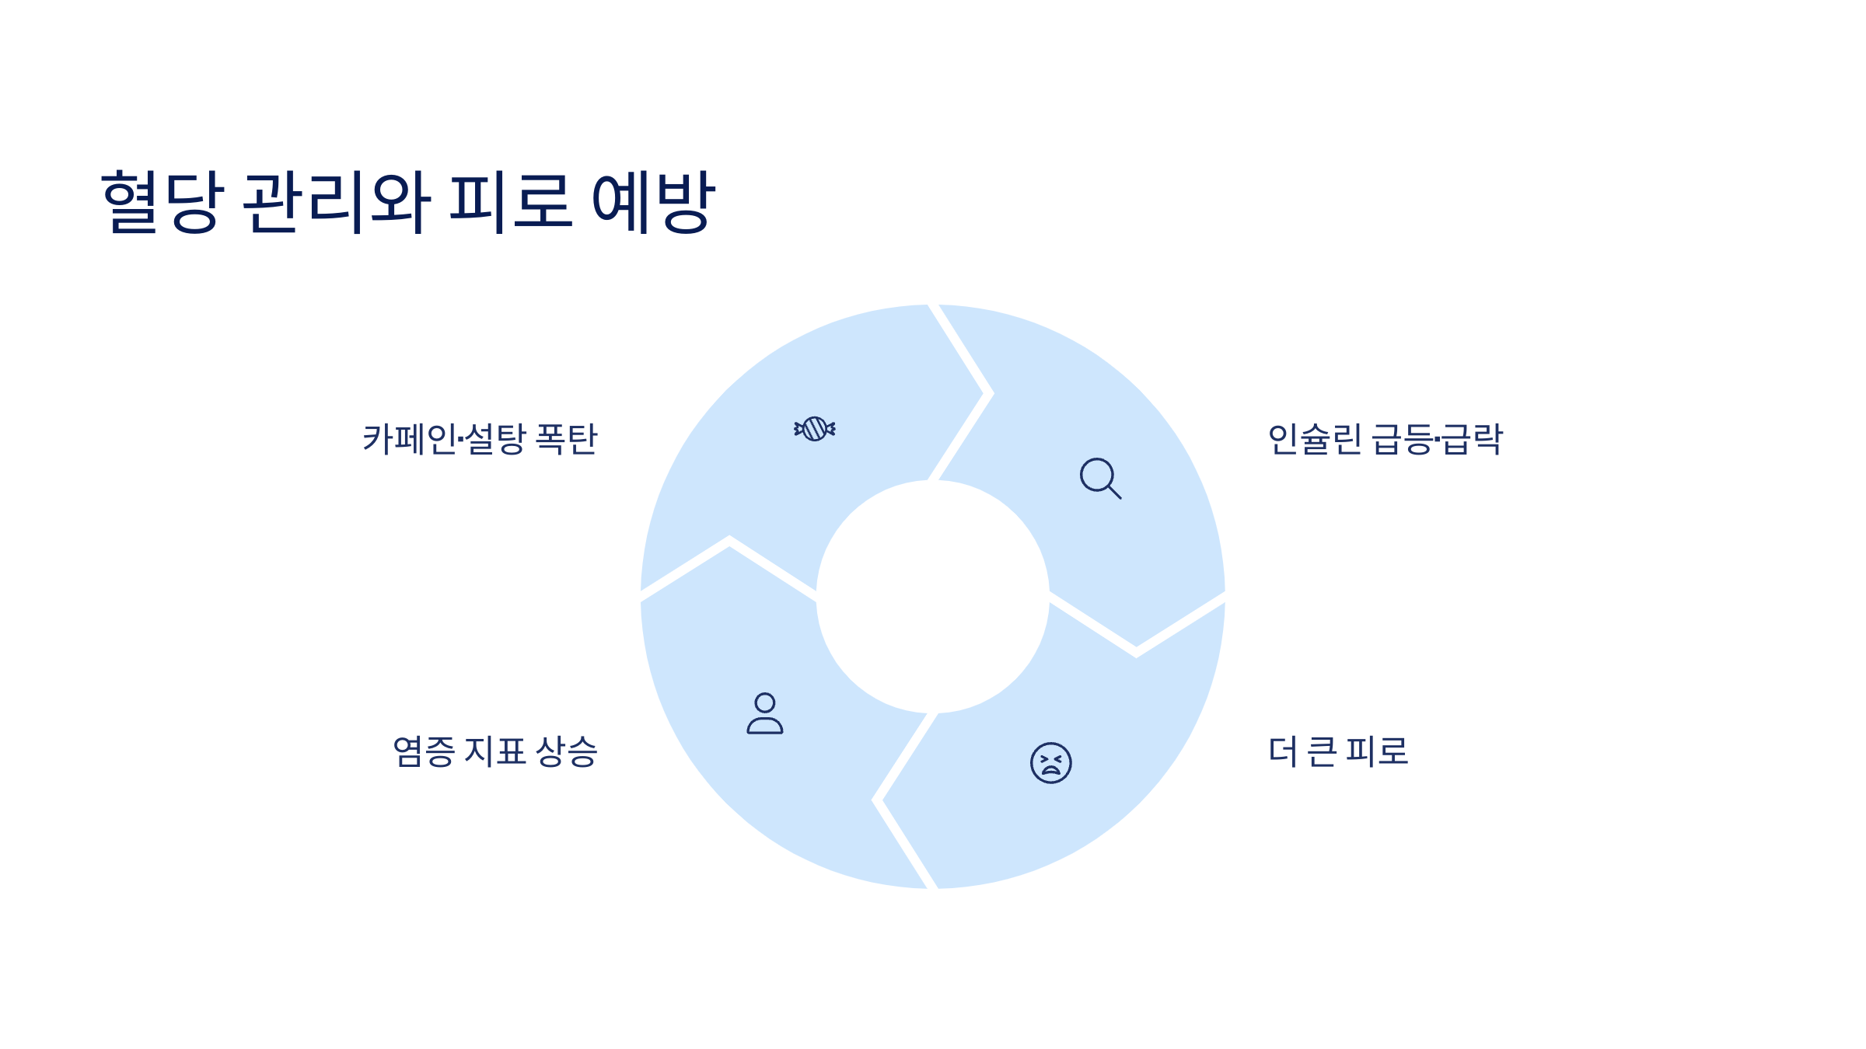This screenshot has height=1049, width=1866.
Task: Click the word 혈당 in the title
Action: click(x=162, y=201)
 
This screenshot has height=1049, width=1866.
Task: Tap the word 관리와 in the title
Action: click(x=336, y=201)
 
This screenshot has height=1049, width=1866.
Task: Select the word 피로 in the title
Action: click(x=511, y=201)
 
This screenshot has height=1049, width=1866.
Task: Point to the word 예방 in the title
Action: click(x=653, y=201)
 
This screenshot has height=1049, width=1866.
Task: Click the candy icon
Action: click(x=814, y=429)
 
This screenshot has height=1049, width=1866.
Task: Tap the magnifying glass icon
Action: click(x=1099, y=478)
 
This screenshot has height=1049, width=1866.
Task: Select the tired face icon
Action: click(x=1050, y=762)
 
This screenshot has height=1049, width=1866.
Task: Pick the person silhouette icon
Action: click(x=765, y=713)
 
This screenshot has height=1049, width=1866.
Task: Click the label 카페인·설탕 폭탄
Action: click(x=480, y=439)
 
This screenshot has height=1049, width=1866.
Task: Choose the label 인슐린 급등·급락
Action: click(x=1385, y=439)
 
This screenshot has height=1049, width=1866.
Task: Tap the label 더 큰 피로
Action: click(x=1337, y=751)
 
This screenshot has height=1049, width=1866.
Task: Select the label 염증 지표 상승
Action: click(x=494, y=751)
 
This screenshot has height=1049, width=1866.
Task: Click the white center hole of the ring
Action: click(x=932, y=597)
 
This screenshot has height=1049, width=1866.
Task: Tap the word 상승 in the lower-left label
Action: click(x=567, y=751)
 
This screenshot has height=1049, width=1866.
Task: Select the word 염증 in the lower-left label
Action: click(x=424, y=751)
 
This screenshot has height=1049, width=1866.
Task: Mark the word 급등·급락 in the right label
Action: click(x=1437, y=439)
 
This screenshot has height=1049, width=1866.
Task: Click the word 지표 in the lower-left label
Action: click(x=494, y=751)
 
